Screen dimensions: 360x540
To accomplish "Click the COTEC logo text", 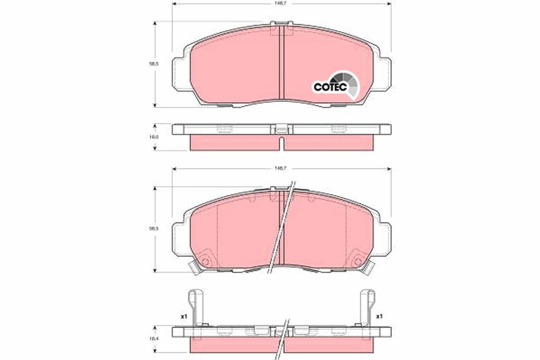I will [330, 87].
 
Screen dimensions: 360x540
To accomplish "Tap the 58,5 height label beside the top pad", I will [154, 64].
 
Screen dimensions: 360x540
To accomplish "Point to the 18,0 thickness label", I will [154, 136].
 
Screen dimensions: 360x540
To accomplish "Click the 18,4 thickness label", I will [154, 338].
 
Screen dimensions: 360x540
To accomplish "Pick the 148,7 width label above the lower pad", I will [282, 167].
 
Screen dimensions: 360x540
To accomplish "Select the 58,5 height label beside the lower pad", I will [154, 229].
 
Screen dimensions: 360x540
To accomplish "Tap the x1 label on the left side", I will [184, 317].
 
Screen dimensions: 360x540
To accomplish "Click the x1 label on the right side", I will [379, 317].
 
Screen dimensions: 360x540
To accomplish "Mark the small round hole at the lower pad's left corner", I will [205, 261].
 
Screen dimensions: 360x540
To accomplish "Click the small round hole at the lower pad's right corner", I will [358, 261].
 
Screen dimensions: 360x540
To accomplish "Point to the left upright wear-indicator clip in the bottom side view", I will [193, 308].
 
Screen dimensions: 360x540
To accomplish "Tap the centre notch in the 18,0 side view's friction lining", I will [282, 144].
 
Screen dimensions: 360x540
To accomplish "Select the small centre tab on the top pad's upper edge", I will [281, 24].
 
